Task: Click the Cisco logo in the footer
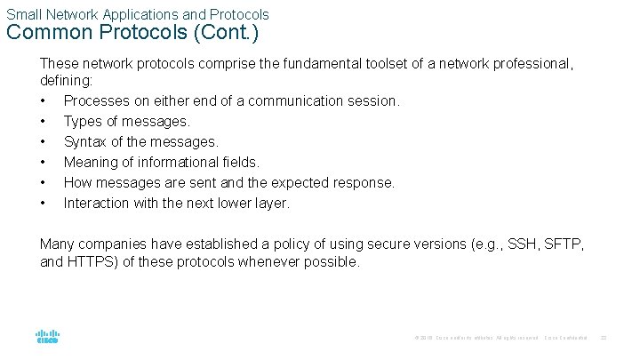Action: coord(47,337)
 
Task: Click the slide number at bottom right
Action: coord(604,338)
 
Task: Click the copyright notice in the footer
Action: coord(476,338)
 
